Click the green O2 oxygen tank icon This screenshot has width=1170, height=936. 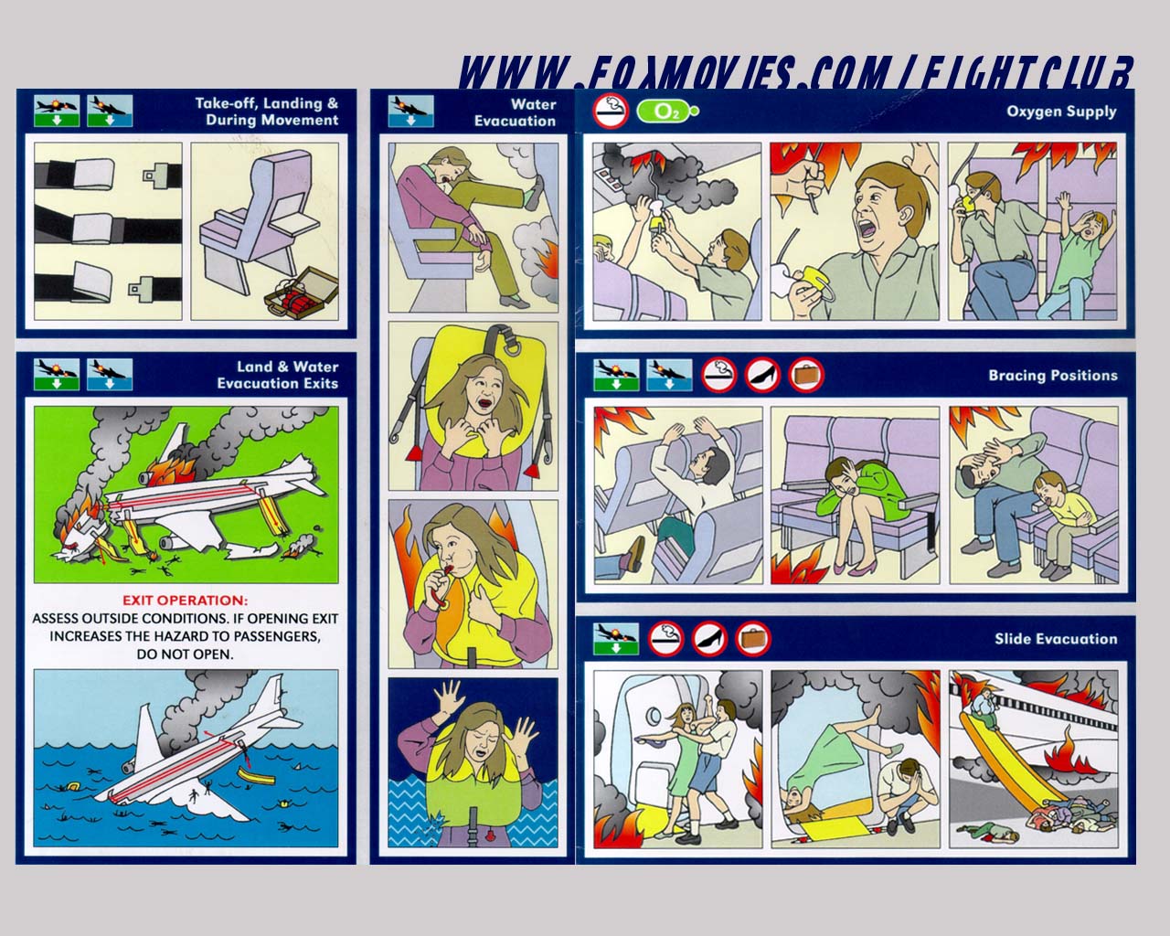click(x=667, y=112)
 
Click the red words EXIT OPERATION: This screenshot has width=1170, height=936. click(x=185, y=601)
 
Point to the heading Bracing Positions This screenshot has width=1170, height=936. click(x=1053, y=376)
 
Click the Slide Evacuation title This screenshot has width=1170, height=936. click(x=1056, y=639)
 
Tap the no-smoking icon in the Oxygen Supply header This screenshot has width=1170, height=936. click(x=611, y=112)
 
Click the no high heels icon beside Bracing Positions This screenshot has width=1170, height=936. click(x=762, y=375)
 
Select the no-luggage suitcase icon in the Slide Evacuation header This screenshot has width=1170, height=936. click(x=753, y=639)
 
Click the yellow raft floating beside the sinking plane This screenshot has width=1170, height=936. click(x=257, y=777)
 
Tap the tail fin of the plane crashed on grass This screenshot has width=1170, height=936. click(x=175, y=440)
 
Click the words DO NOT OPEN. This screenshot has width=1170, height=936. click(x=185, y=654)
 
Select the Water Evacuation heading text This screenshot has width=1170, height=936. click(x=515, y=112)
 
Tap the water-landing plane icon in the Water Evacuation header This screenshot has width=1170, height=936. click(x=411, y=112)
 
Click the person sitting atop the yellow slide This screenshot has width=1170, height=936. click(x=985, y=708)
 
